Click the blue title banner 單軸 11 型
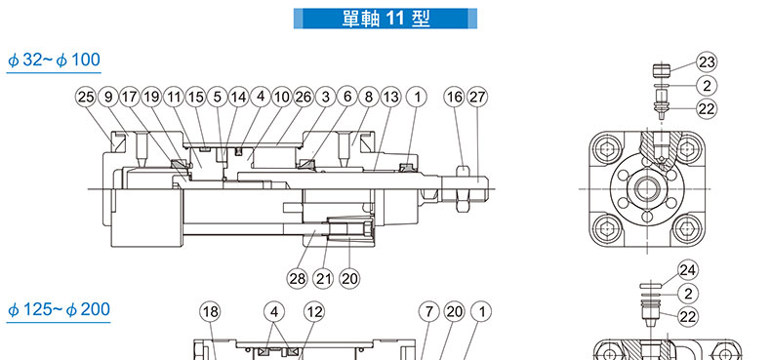[385, 19]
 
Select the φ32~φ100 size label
[54, 60]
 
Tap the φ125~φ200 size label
[59, 310]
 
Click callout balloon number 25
[86, 97]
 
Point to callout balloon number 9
[108, 97]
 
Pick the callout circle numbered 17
[130, 97]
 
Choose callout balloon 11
[174, 97]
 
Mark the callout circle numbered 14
[238, 97]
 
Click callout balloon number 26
[304, 97]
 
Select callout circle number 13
[390, 97]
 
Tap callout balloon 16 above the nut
[455, 97]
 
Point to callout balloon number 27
[477, 97]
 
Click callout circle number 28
[298, 279]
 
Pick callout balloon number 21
[324, 279]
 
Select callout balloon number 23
[707, 62]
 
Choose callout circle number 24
[688, 270]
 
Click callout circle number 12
[314, 312]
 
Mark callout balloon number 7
[428, 312]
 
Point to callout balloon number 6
[347, 97]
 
